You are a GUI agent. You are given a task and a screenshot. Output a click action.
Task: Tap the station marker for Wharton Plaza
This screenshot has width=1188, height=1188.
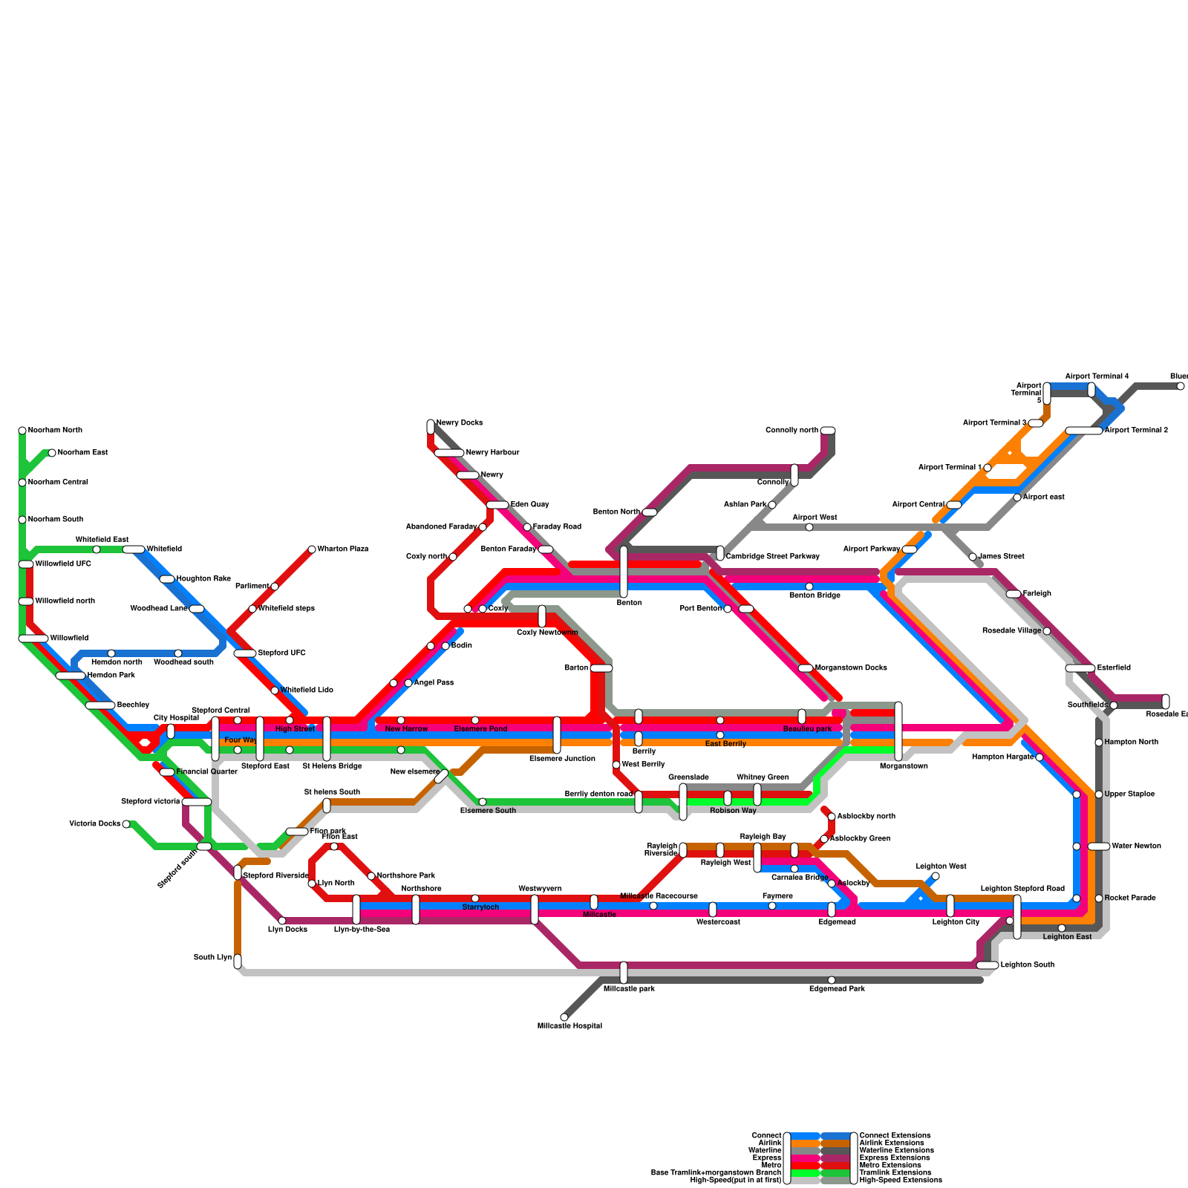pyautogui.click(x=312, y=549)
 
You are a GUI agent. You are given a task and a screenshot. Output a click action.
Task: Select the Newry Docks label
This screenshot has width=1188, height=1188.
pyautogui.click(x=459, y=423)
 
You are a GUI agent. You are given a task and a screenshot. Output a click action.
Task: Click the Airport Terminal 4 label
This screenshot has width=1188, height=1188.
pyautogui.click(x=1097, y=376)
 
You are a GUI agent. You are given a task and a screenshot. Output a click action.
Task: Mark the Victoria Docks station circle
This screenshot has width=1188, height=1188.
pyautogui.click(x=126, y=824)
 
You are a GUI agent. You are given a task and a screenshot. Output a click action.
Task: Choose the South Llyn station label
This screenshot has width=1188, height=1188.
pyautogui.click(x=212, y=958)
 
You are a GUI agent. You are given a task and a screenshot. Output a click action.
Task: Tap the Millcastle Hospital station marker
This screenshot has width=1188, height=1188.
pyautogui.click(x=564, y=1017)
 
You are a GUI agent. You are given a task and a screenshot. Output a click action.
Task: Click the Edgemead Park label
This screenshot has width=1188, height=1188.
pyautogui.click(x=837, y=989)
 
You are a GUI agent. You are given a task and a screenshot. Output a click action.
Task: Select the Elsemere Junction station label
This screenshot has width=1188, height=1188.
pyautogui.click(x=562, y=759)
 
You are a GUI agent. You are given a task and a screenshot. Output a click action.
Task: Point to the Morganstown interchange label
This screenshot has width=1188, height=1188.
pyautogui.click(x=903, y=766)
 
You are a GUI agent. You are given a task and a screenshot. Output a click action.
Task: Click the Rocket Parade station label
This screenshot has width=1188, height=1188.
pyautogui.click(x=1129, y=898)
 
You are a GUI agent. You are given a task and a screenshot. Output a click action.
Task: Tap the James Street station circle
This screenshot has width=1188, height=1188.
pyautogui.click(x=973, y=557)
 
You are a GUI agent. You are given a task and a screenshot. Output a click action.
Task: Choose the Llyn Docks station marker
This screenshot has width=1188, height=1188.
pyautogui.click(x=282, y=921)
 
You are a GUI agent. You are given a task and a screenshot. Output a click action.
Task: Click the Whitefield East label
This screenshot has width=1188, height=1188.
pyautogui.click(x=102, y=540)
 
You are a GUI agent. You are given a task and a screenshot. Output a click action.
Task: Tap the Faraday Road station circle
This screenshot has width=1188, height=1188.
pyautogui.click(x=527, y=527)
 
